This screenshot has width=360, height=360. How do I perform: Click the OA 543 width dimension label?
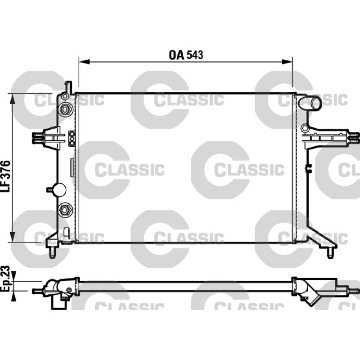186,55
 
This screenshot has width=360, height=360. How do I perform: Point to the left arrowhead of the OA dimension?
84,62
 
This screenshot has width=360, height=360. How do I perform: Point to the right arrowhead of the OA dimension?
287,62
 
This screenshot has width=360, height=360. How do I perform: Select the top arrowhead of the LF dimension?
13,99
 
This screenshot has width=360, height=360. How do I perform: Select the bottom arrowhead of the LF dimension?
13,237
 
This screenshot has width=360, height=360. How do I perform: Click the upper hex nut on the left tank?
65,109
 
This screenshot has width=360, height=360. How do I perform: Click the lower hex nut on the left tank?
65,210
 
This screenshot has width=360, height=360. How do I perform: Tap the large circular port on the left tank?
59,189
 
